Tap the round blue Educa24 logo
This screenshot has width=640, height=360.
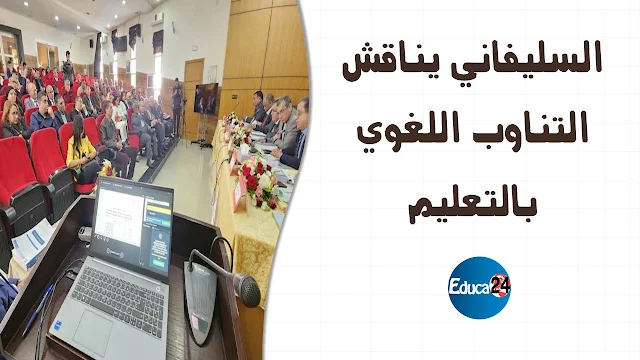click(479, 287)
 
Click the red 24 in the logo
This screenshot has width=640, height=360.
click(500, 284)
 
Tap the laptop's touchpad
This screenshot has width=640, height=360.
click(93, 331)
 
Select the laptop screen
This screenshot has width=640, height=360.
click(132, 227)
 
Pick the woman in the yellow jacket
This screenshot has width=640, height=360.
click(82, 151)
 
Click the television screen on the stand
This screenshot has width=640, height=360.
click(205, 98)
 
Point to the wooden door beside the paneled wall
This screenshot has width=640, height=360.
click(194, 97)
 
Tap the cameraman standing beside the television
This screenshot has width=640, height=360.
click(177, 105)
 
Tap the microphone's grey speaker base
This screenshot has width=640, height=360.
click(201, 301)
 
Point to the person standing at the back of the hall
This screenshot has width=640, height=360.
click(68, 67)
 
